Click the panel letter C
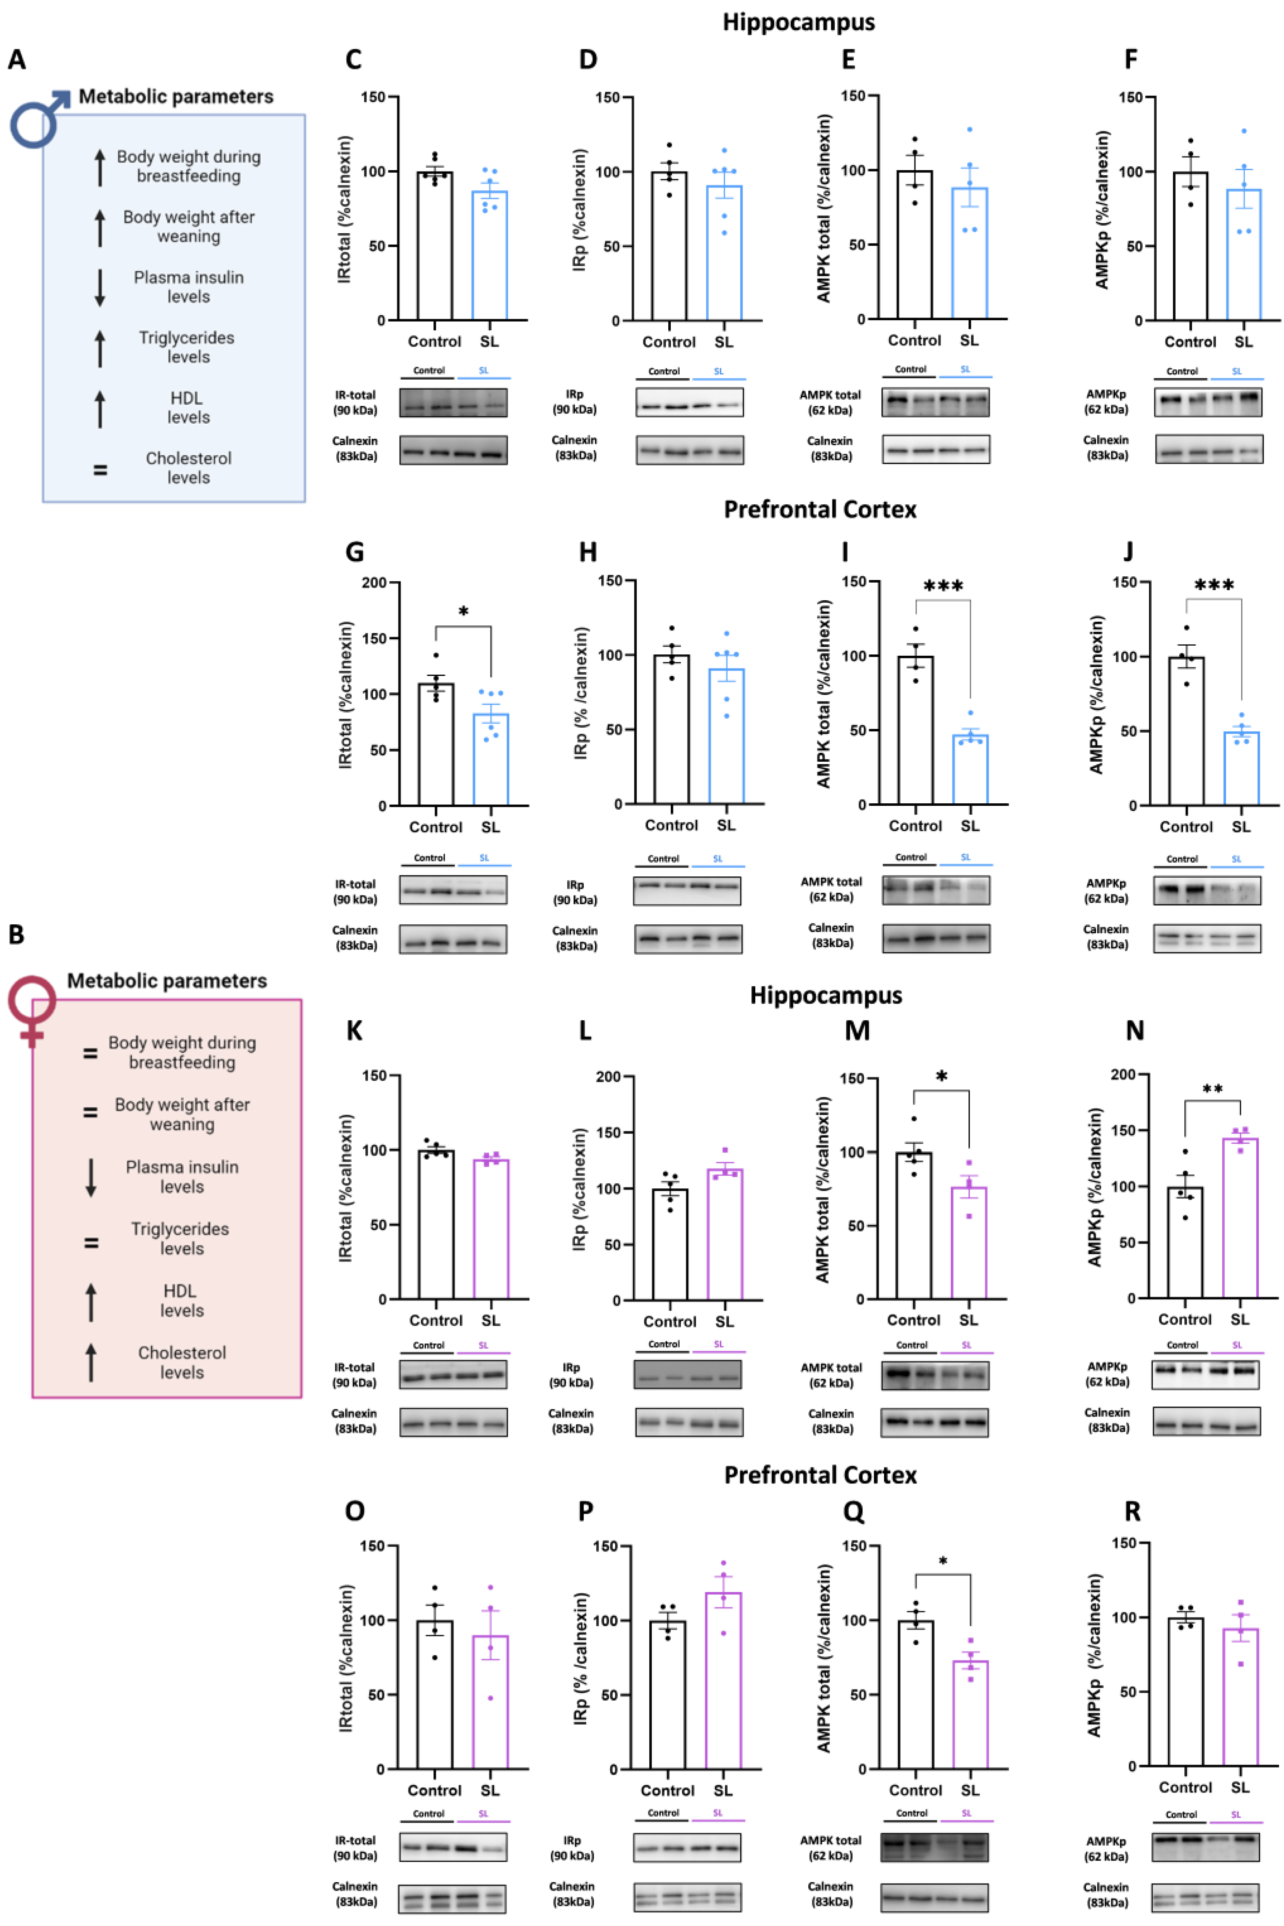tap(354, 60)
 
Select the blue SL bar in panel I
tap(970, 770)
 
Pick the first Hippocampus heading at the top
tap(799, 22)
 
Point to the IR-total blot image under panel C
tap(453, 403)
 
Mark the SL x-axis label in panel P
tap(722, 1791)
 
